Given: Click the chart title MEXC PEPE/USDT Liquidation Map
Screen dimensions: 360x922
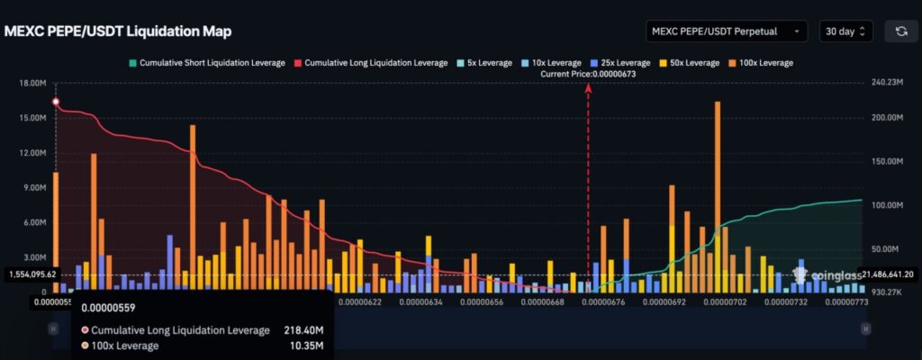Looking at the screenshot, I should point(118,31).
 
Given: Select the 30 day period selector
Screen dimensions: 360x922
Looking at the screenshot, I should point(845,31).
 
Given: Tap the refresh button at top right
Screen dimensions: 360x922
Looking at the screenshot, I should point(901,31).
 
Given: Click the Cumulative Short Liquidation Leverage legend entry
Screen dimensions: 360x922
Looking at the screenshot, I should point(207,63).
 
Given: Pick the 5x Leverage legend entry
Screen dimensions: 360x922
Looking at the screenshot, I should point(484,63).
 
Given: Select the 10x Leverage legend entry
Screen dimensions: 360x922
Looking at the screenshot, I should point(551,63).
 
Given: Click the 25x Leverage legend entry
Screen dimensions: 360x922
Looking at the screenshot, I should point(621,63).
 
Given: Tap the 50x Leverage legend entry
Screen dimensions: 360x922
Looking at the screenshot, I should point(691,63).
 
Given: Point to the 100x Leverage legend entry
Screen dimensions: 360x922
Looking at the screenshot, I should point(762,63).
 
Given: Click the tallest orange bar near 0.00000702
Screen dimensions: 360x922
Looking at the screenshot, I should point(718,180).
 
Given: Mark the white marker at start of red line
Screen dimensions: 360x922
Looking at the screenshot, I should point(56,102).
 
